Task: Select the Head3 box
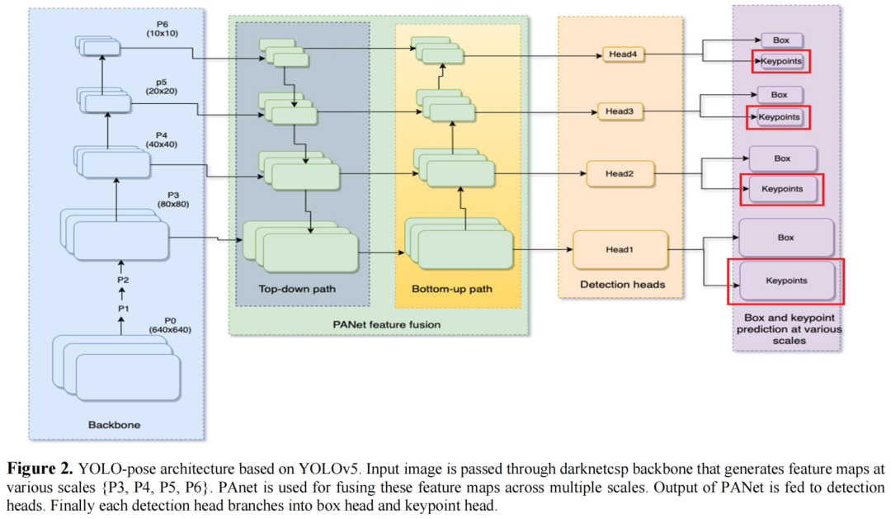click(x=619, y=111)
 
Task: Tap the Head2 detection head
click(x=619, y=173)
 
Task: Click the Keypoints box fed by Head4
click(x=780, y=60)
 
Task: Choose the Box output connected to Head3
click(x=779, y=95)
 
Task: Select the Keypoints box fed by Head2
click(x=781, y=189)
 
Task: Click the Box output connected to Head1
click(x=785, y=238)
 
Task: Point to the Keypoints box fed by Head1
click(x=785, y=281)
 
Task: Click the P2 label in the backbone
click(x=124, y=280)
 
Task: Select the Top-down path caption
click(x=298, y=290)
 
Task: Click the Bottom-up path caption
click(x=451, y=290)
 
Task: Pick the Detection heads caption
click(x=623, y=285)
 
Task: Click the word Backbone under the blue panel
click(x=114, y=425)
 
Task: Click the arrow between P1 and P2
click(x=123, y=294)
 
